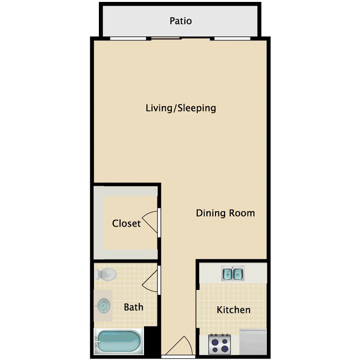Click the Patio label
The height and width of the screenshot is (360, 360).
[x=180, y=21]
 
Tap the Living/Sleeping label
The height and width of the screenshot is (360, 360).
[x=181, y=108]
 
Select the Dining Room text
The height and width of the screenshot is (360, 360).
[x=225, y=213]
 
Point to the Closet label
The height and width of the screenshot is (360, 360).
[x=126, y=223]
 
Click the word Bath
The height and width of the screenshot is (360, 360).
[x=133, y=307]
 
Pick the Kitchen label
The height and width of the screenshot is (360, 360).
[x=233, y=310]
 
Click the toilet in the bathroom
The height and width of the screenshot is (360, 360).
[x=106, y=274]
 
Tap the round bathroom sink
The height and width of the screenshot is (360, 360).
[x=103, y=306]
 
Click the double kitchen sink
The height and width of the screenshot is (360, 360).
[x=233, y=274]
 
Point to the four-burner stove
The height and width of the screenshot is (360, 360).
[x=220, y=344]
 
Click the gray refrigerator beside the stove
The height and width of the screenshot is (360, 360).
[x=253, y=342]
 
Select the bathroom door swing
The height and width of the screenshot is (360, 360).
[x=150, y=280]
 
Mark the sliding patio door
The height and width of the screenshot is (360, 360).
[x=180, y=39]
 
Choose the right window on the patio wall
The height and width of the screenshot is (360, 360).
[x=232, y=38]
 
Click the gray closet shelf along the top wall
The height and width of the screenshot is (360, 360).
[x=126, y=191]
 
